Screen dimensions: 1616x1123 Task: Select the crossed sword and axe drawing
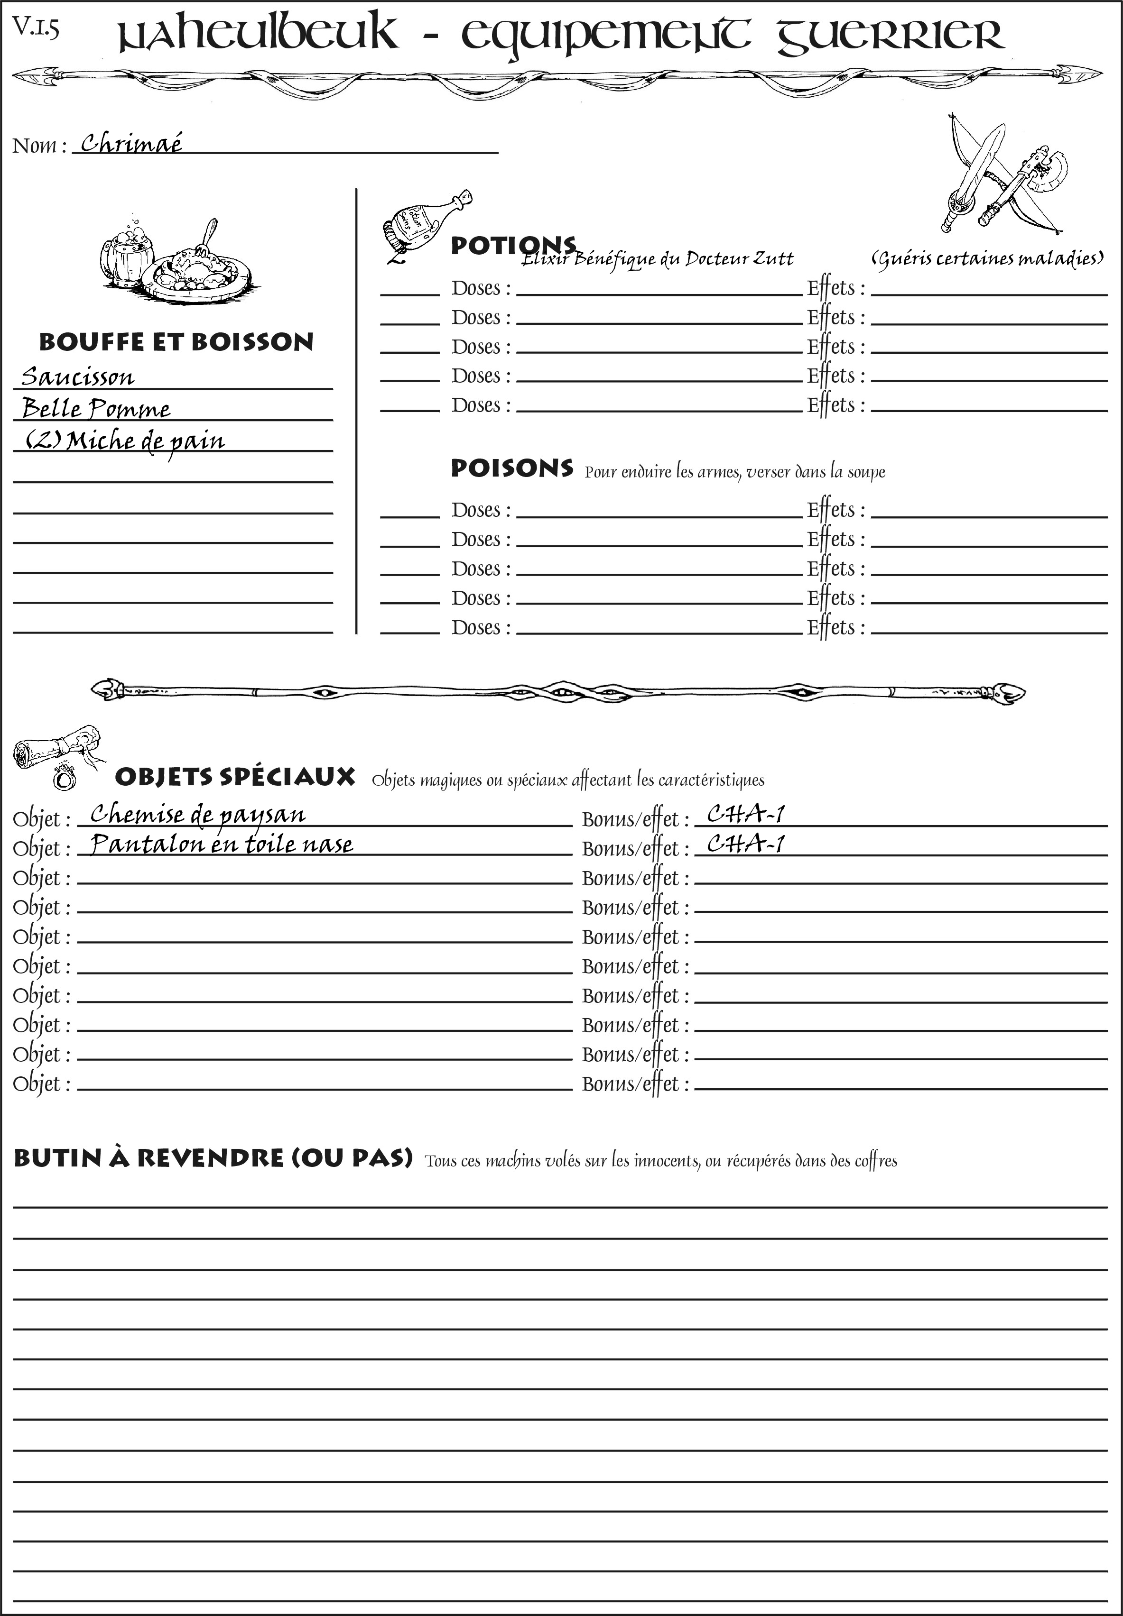[x=1002, y=176]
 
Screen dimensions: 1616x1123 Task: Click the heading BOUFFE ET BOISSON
[x=176, y=342]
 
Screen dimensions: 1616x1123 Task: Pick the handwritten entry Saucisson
[x=77, y=377]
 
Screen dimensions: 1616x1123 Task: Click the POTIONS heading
[x=513, y=246]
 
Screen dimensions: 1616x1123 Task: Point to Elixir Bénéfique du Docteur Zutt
[x=657, y=259]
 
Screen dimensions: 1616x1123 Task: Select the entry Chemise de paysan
[x=198, y=814]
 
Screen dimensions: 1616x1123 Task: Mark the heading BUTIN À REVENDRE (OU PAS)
[x=213, y=1157]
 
